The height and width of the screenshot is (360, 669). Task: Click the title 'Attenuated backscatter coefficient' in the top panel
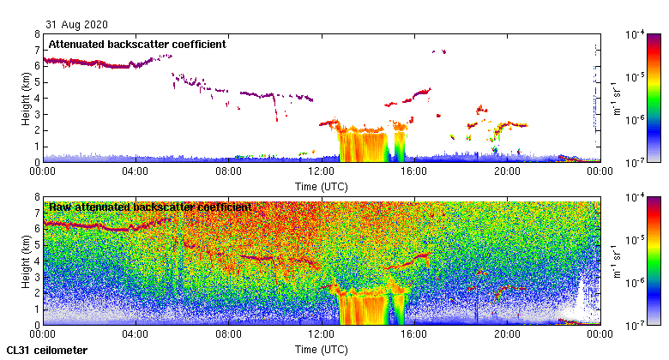coord(137,44)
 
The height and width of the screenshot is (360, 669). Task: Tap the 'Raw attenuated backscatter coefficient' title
coord(150,207)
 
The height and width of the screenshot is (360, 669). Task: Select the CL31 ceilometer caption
coord(47,351)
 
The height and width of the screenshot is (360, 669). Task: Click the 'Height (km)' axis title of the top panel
coord(27,98)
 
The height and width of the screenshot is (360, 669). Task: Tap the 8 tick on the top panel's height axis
coord(37,34)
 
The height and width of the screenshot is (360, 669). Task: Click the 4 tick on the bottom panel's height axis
coord(37,261)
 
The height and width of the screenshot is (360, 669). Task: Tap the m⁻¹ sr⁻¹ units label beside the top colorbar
coord(616,98)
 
